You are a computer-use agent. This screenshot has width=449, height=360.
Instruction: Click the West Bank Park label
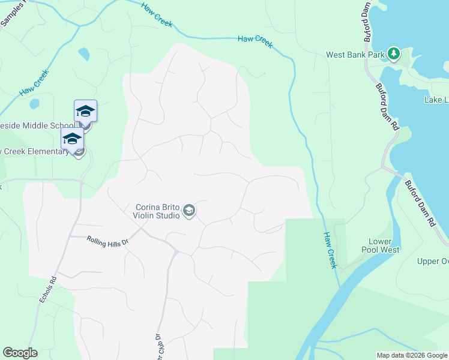tap(355, 55)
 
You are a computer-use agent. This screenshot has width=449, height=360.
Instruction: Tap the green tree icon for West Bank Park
tap(394, 54)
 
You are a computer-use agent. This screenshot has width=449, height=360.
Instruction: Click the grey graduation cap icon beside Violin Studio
tap(189, 210)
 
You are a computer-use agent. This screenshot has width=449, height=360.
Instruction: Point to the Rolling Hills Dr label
tap(108, 240)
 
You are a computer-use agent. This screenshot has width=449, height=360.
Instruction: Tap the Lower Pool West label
tap(381, 245)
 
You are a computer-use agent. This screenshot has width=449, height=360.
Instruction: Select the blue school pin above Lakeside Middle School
tap(85, 111)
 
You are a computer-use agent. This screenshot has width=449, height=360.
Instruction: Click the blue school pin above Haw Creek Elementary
tap(72, 139)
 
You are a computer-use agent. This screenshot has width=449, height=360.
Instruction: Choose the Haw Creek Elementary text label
tap(34, 151)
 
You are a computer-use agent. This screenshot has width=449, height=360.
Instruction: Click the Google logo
tap(20, 353)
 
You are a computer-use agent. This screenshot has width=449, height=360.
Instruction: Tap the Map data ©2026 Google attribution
tap(411, 355)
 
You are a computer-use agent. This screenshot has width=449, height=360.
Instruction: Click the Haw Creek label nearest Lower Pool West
tap(331, 250)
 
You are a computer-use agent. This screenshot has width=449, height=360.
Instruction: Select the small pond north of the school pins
tap(84, 55)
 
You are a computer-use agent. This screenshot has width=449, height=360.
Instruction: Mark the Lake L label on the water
tap(436, 100)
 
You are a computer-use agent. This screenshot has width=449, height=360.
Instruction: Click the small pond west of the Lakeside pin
tap(34, 103)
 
